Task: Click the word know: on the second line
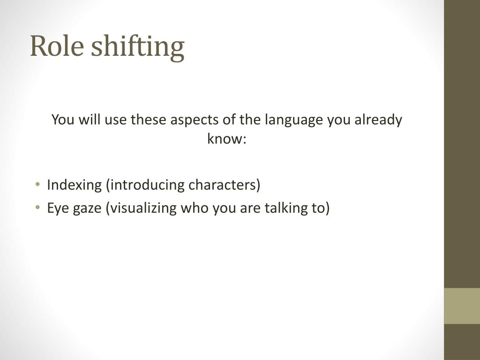click(x=227, y=139)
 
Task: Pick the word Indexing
click(x=74, y=185)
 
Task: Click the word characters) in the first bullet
click(x=224, y=185)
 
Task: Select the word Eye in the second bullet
click(x=56, y=208)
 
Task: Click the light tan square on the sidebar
click(x=462, y=306)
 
